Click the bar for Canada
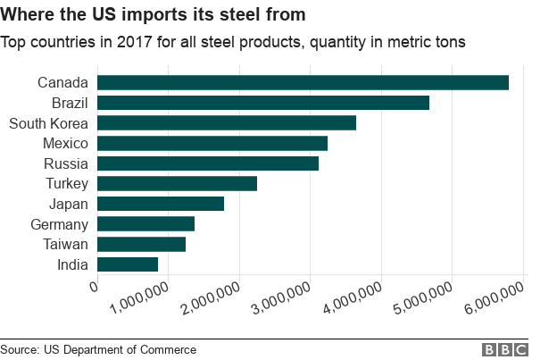pos(303,82)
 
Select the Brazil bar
pos(262,103)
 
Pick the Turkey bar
pos(177,183)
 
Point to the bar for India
pos(127,264)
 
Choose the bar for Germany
pos(145,224)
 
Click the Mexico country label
pos(65,143)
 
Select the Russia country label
pos(66,163)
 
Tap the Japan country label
pos(69,204)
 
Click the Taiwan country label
pos(66,245)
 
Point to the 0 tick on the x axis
pos(94,286)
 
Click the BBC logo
pos(505,349)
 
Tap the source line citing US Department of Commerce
pos(98,349)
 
